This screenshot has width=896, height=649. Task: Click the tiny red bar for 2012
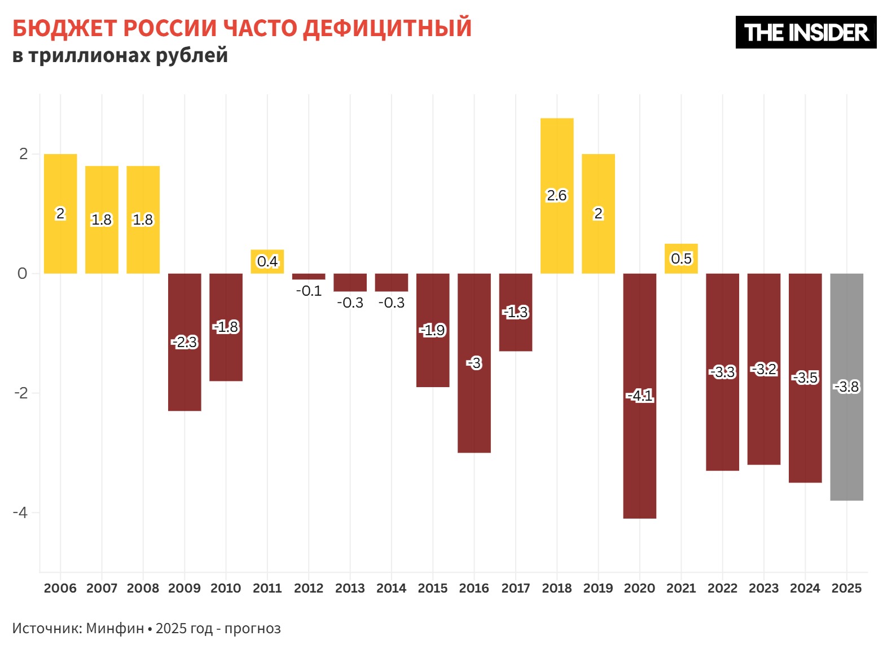(309, 277)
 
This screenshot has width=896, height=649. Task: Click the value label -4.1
(640, 396)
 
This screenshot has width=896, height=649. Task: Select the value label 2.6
(556, 195)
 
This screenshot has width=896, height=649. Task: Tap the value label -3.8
(846, 387)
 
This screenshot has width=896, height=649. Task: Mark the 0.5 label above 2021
(681, 258)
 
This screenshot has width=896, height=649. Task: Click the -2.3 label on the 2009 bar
(185, 342)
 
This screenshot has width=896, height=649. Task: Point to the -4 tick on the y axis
(20, 512)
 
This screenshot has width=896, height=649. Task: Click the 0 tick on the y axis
(22, 274)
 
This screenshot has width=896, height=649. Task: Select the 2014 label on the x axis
(391, 588)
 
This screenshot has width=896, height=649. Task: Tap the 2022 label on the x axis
(722, 588)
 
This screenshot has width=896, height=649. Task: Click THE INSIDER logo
(806, 32)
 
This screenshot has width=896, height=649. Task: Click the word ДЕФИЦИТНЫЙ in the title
(387, 28)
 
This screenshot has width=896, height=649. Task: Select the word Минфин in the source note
(115, 628)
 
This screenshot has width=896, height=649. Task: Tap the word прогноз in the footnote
(252, 628)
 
